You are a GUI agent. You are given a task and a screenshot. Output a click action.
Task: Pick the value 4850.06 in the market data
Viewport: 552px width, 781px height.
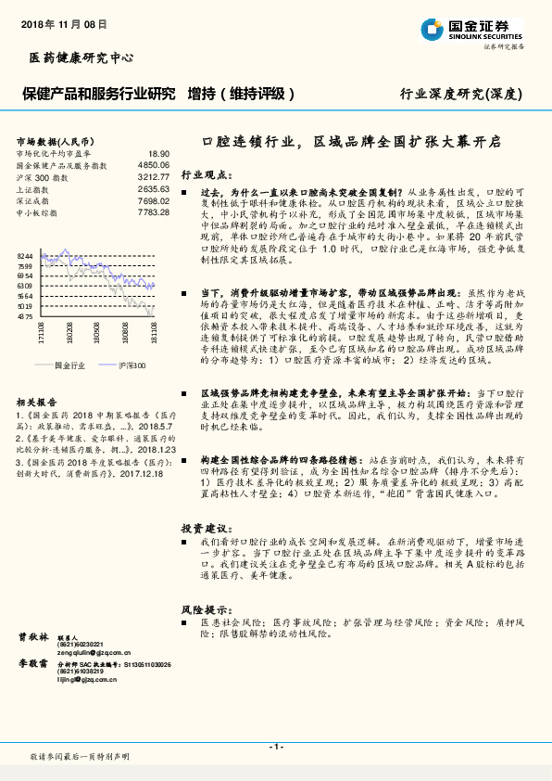click(x=153, y=164)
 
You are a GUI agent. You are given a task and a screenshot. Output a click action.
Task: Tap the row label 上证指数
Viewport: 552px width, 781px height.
click(x=33, y=188)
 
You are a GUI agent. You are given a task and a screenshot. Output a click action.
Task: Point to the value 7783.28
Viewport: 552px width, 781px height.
click(x=153, y=212)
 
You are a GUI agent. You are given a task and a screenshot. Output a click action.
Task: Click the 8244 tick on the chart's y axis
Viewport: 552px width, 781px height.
click(x=25, y=255)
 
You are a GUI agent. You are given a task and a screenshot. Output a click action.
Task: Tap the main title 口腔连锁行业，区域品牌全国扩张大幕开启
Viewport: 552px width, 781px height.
click(x=351, y=142)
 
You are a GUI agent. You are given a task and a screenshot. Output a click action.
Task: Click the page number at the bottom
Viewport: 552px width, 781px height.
click(x=275, y=746)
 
